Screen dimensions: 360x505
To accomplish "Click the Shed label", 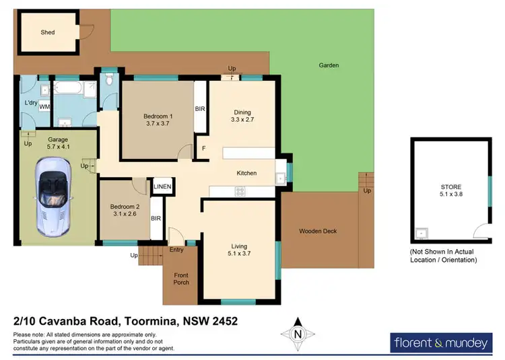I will tap(47, 32).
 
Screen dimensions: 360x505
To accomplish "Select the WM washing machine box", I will tap(44, 107).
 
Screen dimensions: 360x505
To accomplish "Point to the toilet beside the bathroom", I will tap(110, 81).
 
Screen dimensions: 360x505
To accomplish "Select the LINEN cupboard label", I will tap(162, 186).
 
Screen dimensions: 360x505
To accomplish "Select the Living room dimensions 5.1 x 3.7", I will tap(240, 254).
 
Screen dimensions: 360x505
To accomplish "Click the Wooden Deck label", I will tap(318, 231).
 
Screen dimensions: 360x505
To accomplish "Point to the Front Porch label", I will tap(180, 278).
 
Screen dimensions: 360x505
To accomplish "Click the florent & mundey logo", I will tap(440, 343).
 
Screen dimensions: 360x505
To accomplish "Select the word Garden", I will tap(329, 65).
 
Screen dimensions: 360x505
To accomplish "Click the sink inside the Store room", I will tap(422, 233).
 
